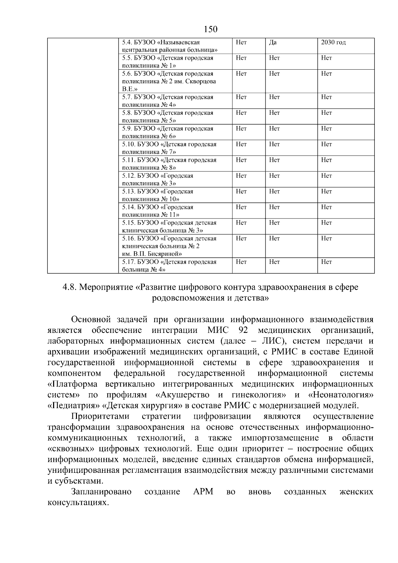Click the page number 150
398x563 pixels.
211,30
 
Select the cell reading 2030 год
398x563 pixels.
333,42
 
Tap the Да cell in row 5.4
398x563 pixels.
273,42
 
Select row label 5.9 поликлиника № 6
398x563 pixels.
167,132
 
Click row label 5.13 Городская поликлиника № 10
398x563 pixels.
158,195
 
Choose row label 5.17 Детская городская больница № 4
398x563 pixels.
169,266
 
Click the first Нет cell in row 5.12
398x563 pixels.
241,176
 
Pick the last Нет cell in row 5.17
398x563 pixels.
326,262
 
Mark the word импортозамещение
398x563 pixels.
280,438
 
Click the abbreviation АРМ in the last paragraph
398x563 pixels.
203,492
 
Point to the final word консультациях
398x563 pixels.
78,503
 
